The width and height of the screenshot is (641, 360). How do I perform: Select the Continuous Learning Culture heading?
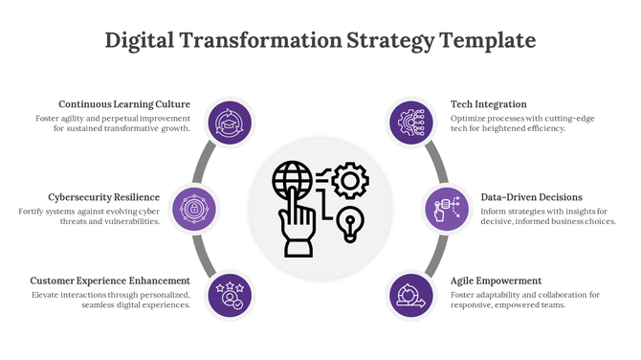coord(124,104)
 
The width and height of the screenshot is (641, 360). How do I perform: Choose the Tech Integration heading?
coord(488,104)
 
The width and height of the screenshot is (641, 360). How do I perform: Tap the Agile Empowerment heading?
coord(496,281)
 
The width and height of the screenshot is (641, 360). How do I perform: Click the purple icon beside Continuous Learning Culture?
coord(230,123)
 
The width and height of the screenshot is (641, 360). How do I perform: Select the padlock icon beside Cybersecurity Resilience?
coord(194,207)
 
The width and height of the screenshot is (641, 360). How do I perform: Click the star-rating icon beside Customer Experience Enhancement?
coord(230,292)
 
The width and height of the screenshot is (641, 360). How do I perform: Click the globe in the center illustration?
coord(292,180)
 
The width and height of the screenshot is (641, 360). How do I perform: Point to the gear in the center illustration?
coord(352,179)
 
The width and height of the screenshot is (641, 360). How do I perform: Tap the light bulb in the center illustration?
coord(352,223)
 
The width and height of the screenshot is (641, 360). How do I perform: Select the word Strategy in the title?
coord(387,40)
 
